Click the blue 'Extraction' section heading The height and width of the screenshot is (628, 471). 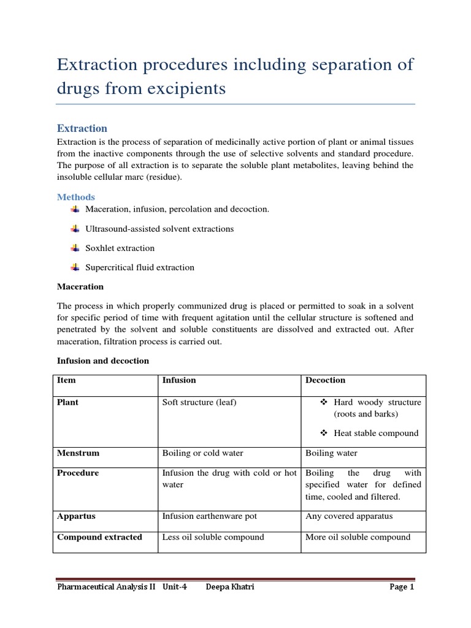pyautogui.click(x=82, y=128)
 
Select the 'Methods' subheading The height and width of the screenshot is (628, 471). pyautogui.click(x=76, y=197)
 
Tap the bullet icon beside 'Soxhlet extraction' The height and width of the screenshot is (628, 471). pyautogui.click(x=75, y=248)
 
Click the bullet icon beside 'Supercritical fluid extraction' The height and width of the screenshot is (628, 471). pyautogui.click(x=75, y=267)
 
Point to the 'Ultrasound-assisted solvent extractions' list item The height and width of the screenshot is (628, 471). pyautogui.click(x=159, y=229)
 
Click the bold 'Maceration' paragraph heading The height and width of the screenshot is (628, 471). pyautogui.click(x=80, y=286)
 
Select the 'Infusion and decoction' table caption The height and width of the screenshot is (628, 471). pyautogui.click(x=103, y=361)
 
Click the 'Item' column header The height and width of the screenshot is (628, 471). pyautogui.click(x=66, y=380)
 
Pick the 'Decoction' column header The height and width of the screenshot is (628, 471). pyautogui.click(x=326, y=380)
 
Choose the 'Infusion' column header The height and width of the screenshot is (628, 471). pyautogui.click(x=179, y=380)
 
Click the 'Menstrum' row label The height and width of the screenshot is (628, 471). pyautogui.click(x=78, y=453)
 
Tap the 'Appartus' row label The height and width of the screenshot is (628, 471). pyautogui.click(x=76, y=516)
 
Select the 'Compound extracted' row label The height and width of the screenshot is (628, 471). pyautogui.click(x=99, y=537)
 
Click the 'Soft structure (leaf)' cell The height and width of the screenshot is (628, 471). pyautogui.click(x=199, y=402)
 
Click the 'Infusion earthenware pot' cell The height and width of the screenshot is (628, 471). pyautogui.click(x=210, y=516)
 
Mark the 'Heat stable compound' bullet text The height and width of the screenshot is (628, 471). pyautogui.click(x=376, y=433)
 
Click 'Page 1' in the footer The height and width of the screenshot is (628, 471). pyautogui.click(x=402, y=587)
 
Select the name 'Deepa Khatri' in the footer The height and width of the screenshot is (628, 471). pyautogui.click(x=231, y=587)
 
